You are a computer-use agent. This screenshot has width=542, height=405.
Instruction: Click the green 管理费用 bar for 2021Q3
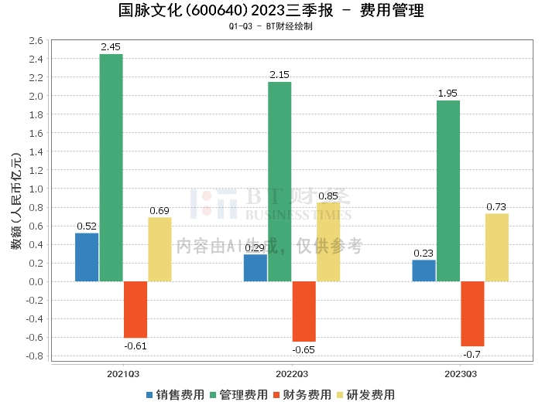click(111, 168)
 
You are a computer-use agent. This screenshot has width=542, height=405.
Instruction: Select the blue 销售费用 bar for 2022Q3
click(256, 268)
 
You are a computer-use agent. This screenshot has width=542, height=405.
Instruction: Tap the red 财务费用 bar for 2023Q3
click(472, 314)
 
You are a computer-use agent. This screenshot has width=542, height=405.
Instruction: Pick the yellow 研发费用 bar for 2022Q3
click(328, 242)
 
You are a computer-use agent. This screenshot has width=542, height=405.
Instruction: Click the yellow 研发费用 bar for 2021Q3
click(160, 250)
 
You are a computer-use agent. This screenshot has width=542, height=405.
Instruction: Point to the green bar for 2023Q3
click(448, 191)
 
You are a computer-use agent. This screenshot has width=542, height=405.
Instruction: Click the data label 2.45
click(111, 47)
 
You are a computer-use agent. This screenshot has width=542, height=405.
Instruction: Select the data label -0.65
click(304, 350)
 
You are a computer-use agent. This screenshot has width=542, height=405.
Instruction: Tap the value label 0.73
click(496, 207)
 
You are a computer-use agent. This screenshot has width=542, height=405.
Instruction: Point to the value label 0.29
click(255, 248)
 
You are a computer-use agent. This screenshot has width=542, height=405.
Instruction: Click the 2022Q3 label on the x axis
click(292, 374)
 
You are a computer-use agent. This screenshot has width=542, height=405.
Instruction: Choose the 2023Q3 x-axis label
click(461, 374)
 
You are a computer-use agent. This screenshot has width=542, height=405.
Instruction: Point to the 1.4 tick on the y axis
click(36, 151)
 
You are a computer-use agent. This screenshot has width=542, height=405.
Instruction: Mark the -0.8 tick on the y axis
click(35, 356)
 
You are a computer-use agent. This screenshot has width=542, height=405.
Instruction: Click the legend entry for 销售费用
click(175, 395)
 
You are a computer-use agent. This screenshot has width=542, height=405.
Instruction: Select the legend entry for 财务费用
click(302, 395)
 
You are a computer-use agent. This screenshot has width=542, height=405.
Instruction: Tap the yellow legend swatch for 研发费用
click(340, 395)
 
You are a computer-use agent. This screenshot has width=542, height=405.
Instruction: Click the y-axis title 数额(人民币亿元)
click(16, 201)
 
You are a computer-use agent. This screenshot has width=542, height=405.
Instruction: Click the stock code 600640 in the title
click(217, 10)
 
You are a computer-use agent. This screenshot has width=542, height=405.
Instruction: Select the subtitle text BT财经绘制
click(290, 26)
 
